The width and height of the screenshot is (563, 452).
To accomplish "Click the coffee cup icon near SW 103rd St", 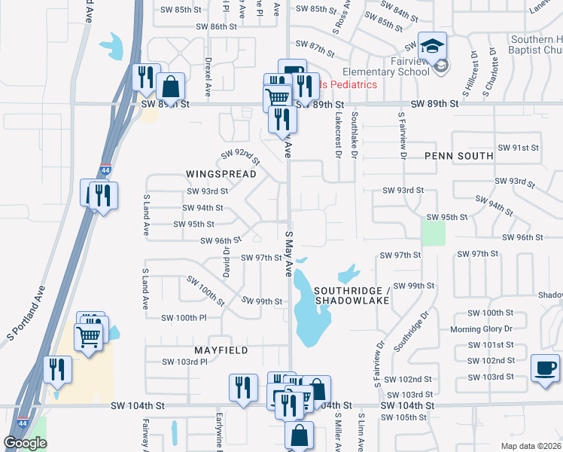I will tap(545, 368).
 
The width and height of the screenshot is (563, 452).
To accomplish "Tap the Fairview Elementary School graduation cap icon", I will tap(433, 47).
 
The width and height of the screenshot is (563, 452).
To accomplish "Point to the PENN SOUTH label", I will tap(458, 156).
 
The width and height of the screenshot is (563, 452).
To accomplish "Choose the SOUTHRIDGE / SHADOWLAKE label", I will tap(352, 295).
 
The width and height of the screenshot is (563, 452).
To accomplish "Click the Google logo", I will tap(25, 443).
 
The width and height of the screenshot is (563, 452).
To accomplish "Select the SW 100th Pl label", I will tap(184, 318).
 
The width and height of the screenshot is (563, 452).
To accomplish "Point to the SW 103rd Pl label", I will tap(184, 362).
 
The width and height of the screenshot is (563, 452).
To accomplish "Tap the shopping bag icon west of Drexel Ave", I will tap(172, 87).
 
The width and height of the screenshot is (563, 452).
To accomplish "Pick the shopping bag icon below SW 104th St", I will tap(300, 435).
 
